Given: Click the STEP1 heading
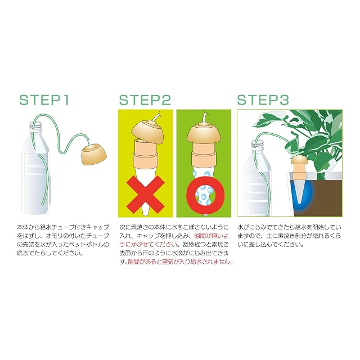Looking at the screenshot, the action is click(44, 100).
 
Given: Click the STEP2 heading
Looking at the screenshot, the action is click(145, 100).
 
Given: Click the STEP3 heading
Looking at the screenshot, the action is click(263, 100).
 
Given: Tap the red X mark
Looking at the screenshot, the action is click(146, 195).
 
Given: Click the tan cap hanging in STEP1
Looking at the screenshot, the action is click(93, 155).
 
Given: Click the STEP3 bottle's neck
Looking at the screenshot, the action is click(258, 145).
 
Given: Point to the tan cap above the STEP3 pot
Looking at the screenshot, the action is click(298, 160).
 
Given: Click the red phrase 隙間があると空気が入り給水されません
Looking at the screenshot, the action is click(179, 262).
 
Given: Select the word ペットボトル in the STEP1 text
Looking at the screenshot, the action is click(90, 244).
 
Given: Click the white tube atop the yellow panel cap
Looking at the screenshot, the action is click(156, 116).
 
